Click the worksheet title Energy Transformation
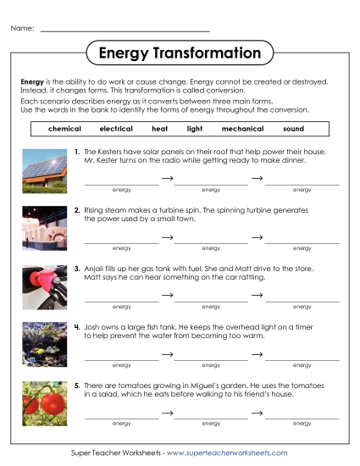pyautogui.click(x=180, y=53)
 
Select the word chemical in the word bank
pyautogui.click(x=65, y=129)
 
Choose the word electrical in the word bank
pyautogui.click(x=116, y=129)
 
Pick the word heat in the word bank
pyautogui.click(x=159, y=129)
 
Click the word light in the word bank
pyautogui.click(x=195, y=129)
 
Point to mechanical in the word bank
pyautogui.click(x=242, y=129)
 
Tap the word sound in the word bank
pyautogui.click(x=293, y=129)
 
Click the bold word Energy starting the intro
pyautogui.click(x=32, y=81)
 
